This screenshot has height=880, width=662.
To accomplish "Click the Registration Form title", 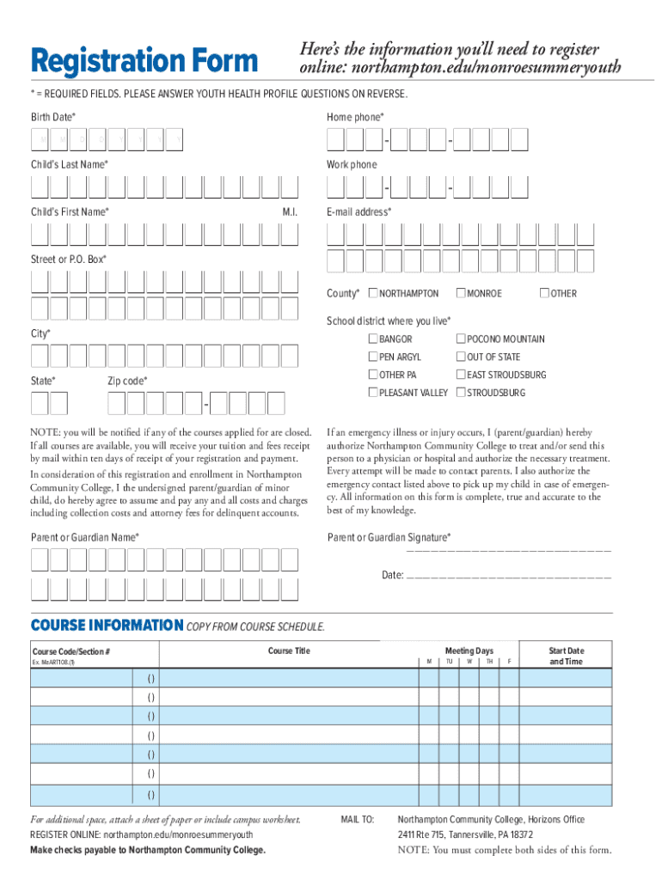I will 144,61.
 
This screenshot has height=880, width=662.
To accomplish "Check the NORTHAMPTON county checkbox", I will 372,294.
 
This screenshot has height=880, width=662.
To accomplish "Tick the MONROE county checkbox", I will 461,294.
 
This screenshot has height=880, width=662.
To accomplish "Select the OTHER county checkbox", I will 544,294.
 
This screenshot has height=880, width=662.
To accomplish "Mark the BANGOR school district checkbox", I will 373,339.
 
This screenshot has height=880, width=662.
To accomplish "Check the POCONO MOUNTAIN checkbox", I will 461,339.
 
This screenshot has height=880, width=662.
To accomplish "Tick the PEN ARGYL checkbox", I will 373,357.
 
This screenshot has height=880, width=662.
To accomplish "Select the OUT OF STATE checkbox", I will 461,357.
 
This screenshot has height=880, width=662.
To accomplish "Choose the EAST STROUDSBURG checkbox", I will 461,375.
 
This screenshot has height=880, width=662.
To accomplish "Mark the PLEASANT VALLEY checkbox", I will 373,393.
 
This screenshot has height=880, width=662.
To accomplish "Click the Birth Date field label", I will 53,117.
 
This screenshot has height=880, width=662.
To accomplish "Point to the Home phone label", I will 355,117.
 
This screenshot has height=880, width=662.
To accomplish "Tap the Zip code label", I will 127,381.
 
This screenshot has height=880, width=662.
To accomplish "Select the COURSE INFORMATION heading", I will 107,625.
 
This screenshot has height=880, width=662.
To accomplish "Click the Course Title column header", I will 289,651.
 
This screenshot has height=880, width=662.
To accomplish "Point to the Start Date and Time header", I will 566,657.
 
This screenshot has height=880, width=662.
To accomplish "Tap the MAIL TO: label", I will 358,820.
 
